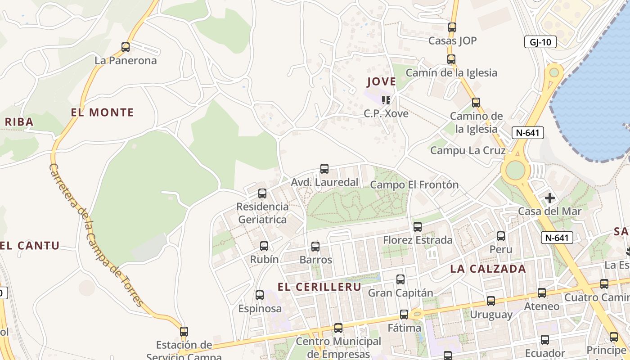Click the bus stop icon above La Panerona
point(126,47)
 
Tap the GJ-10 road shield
point(540,42)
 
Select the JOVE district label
point(381,82)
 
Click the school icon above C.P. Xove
point(386,100)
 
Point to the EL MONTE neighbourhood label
point(103,112)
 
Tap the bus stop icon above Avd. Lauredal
point(324,169)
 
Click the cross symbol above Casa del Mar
point(549,198)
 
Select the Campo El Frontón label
point(414,184)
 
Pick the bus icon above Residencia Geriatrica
point(262,193)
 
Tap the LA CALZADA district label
point(488,269)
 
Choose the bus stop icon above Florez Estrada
point(418,227)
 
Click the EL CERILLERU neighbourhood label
point(319,287)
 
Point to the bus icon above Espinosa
point(260,295)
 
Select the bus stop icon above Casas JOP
point(452,27)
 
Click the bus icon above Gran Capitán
point(400,279)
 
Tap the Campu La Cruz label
point(468,150)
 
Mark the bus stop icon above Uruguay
point(490,301)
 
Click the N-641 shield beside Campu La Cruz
point(527,133)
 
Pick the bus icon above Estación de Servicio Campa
point(184,332)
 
